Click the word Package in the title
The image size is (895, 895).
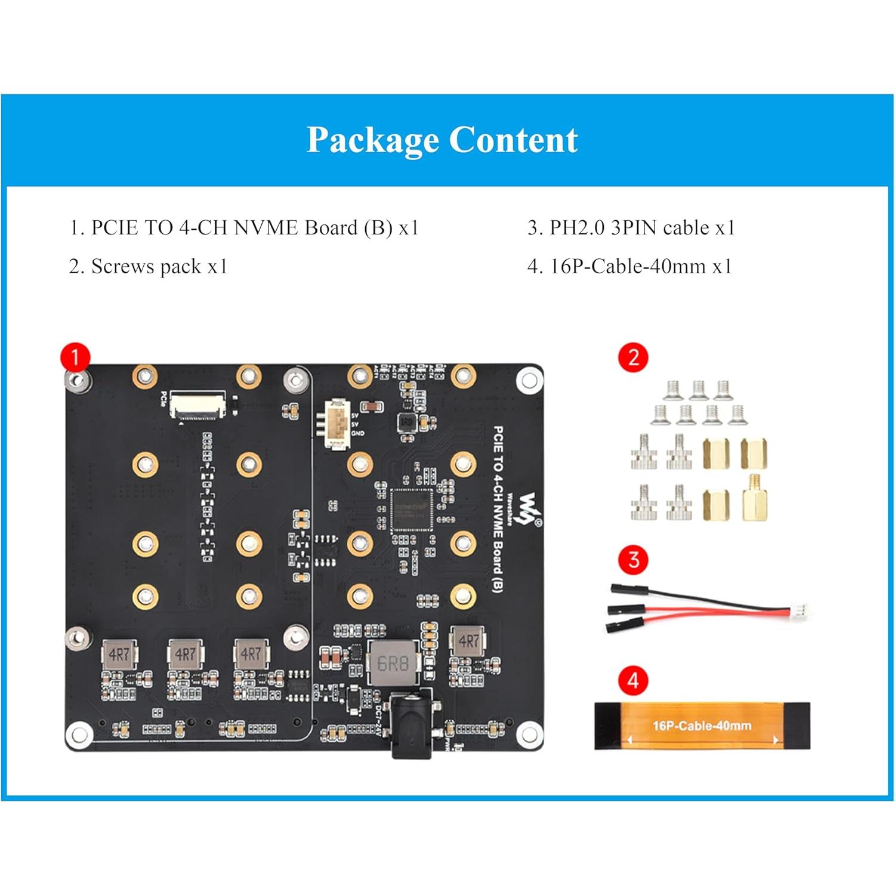pyautogui.click(x=372, y=141)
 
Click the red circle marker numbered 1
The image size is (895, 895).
pyautogui.click(x=75, y=357)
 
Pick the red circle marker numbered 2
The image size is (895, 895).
pyautogui.click(x=634, y=358)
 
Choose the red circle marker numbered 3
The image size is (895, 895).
pyautogui.click(x=634, y=560)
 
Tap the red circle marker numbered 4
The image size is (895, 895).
pyautogui.click(x=634, y=680)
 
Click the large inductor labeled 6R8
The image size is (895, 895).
pyautogui.click(x=393, y=663)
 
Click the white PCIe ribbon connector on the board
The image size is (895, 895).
pyautogui.click(x=198, y=405)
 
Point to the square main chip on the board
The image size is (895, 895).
pyautogui.click(x=411, y=510)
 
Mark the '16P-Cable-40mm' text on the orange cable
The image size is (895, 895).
pyautogui.click(x=702, y=726)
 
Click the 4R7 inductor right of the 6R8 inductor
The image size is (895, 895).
pyautogui.click(x=468, y=642)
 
